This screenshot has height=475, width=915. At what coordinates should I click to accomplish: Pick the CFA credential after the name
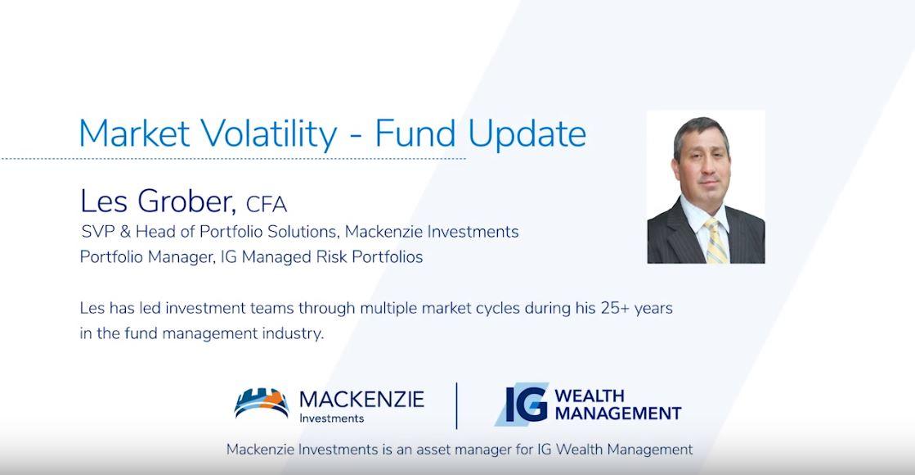pos(266,204)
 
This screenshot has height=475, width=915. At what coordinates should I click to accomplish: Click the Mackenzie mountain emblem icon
pos(261,404)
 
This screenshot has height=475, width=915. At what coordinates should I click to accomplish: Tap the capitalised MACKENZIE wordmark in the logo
pos(361,399)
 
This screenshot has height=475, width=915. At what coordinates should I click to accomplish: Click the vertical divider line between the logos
pos(456,405)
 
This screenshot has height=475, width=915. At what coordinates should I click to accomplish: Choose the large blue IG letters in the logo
pos(523,405)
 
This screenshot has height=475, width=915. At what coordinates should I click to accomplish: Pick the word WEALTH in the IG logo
pos(589,396)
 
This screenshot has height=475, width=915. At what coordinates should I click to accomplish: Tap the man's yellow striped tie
pos(715,241)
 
